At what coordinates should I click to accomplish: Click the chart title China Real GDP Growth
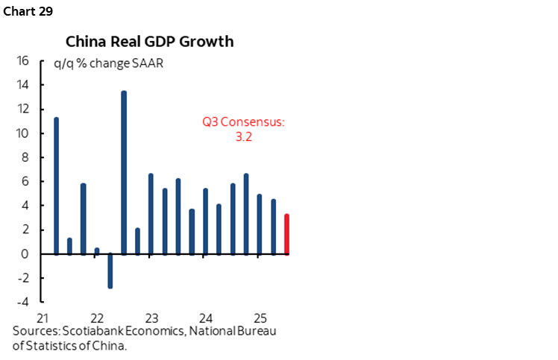coord(149,41)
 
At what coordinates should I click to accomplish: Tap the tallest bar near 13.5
coord(124,171)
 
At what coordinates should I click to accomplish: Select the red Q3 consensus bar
coord(287,234)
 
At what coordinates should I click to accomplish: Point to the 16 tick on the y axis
coord(23,61)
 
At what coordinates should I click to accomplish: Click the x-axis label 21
coord(43,316)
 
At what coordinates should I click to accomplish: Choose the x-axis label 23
coord(151,316)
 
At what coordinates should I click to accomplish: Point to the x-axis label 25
coord(260,316)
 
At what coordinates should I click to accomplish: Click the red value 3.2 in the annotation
coord(243,136)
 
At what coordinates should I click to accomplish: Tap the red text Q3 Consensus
coord(243,121)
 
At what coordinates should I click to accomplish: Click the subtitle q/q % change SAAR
coord(108,63)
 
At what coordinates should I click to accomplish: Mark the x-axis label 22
coord(97,316)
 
